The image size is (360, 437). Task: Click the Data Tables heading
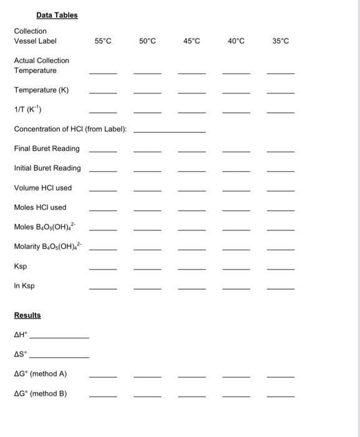click(x=57, y=15)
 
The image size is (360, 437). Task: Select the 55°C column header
click(x=103, y=41)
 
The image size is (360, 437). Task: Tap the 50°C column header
click(x=147, y=41)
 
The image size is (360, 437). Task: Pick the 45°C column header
click(x=192, y=41)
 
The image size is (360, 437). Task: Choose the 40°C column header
click(x=236, y=41)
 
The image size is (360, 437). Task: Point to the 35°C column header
click(x=281, y=41)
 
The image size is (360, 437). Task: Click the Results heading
click(x=27, y=315)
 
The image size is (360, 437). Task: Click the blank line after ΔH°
click(x=59, y=338)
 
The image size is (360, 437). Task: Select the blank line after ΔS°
click(x=59, y=357)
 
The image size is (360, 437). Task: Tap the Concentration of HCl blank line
click(x=170, y=132)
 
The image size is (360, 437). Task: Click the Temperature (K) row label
click(x=41, y=90)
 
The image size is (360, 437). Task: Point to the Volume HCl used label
click(x=43, y=188)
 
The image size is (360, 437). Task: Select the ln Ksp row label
click(x=24, y=286)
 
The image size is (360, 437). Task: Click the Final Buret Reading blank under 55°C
click(x=103, y=152)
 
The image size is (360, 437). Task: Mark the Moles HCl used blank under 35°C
click(x=281, y=210)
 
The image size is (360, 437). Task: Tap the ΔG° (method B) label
click(x=41, y=394)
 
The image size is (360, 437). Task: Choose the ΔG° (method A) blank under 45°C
click(x=192, y=377)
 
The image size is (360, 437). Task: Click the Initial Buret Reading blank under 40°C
click(x=236, y=171)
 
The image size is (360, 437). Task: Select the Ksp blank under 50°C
click(x=147, y=269)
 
